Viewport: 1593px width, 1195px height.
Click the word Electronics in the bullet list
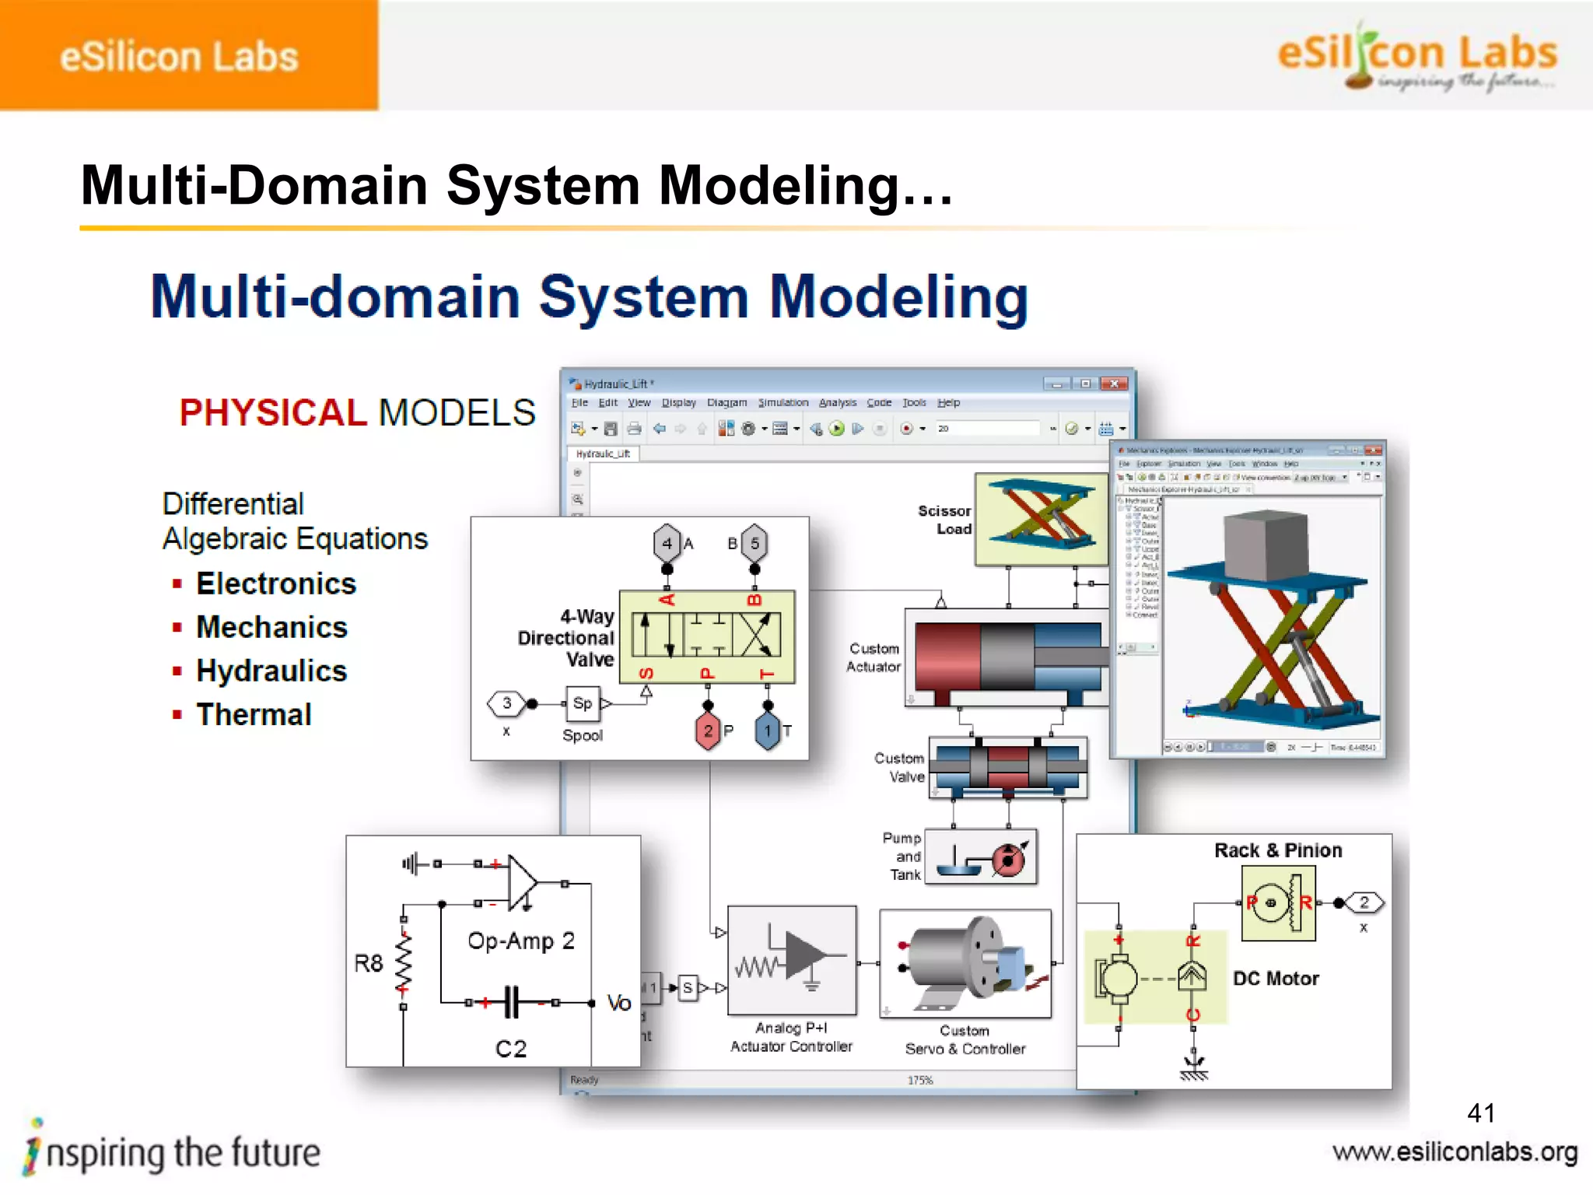click(276, 583)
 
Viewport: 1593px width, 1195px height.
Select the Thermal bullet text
click(254, 714)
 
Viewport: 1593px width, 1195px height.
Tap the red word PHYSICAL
click(273, 412)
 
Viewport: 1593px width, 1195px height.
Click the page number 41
click(1480, 1113)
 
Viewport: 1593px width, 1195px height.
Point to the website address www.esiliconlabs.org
click(1455, 1152)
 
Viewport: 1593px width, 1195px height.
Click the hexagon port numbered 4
click(667, 543)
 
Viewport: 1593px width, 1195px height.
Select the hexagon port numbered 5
click(754, 543)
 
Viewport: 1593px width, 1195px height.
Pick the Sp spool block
click(582, 703)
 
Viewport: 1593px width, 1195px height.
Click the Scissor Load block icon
click(1041, 519)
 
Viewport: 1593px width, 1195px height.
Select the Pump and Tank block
click(981, 857)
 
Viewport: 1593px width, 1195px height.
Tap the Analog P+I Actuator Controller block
click(792, 960)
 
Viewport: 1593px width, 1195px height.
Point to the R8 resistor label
click(369, 963)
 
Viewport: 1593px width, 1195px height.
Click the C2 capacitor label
click(511, 1049)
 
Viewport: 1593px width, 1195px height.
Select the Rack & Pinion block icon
click(1278, 903)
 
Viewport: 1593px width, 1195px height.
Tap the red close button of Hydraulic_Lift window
click(1115, 384)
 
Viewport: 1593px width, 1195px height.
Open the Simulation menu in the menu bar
click(783, 403)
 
